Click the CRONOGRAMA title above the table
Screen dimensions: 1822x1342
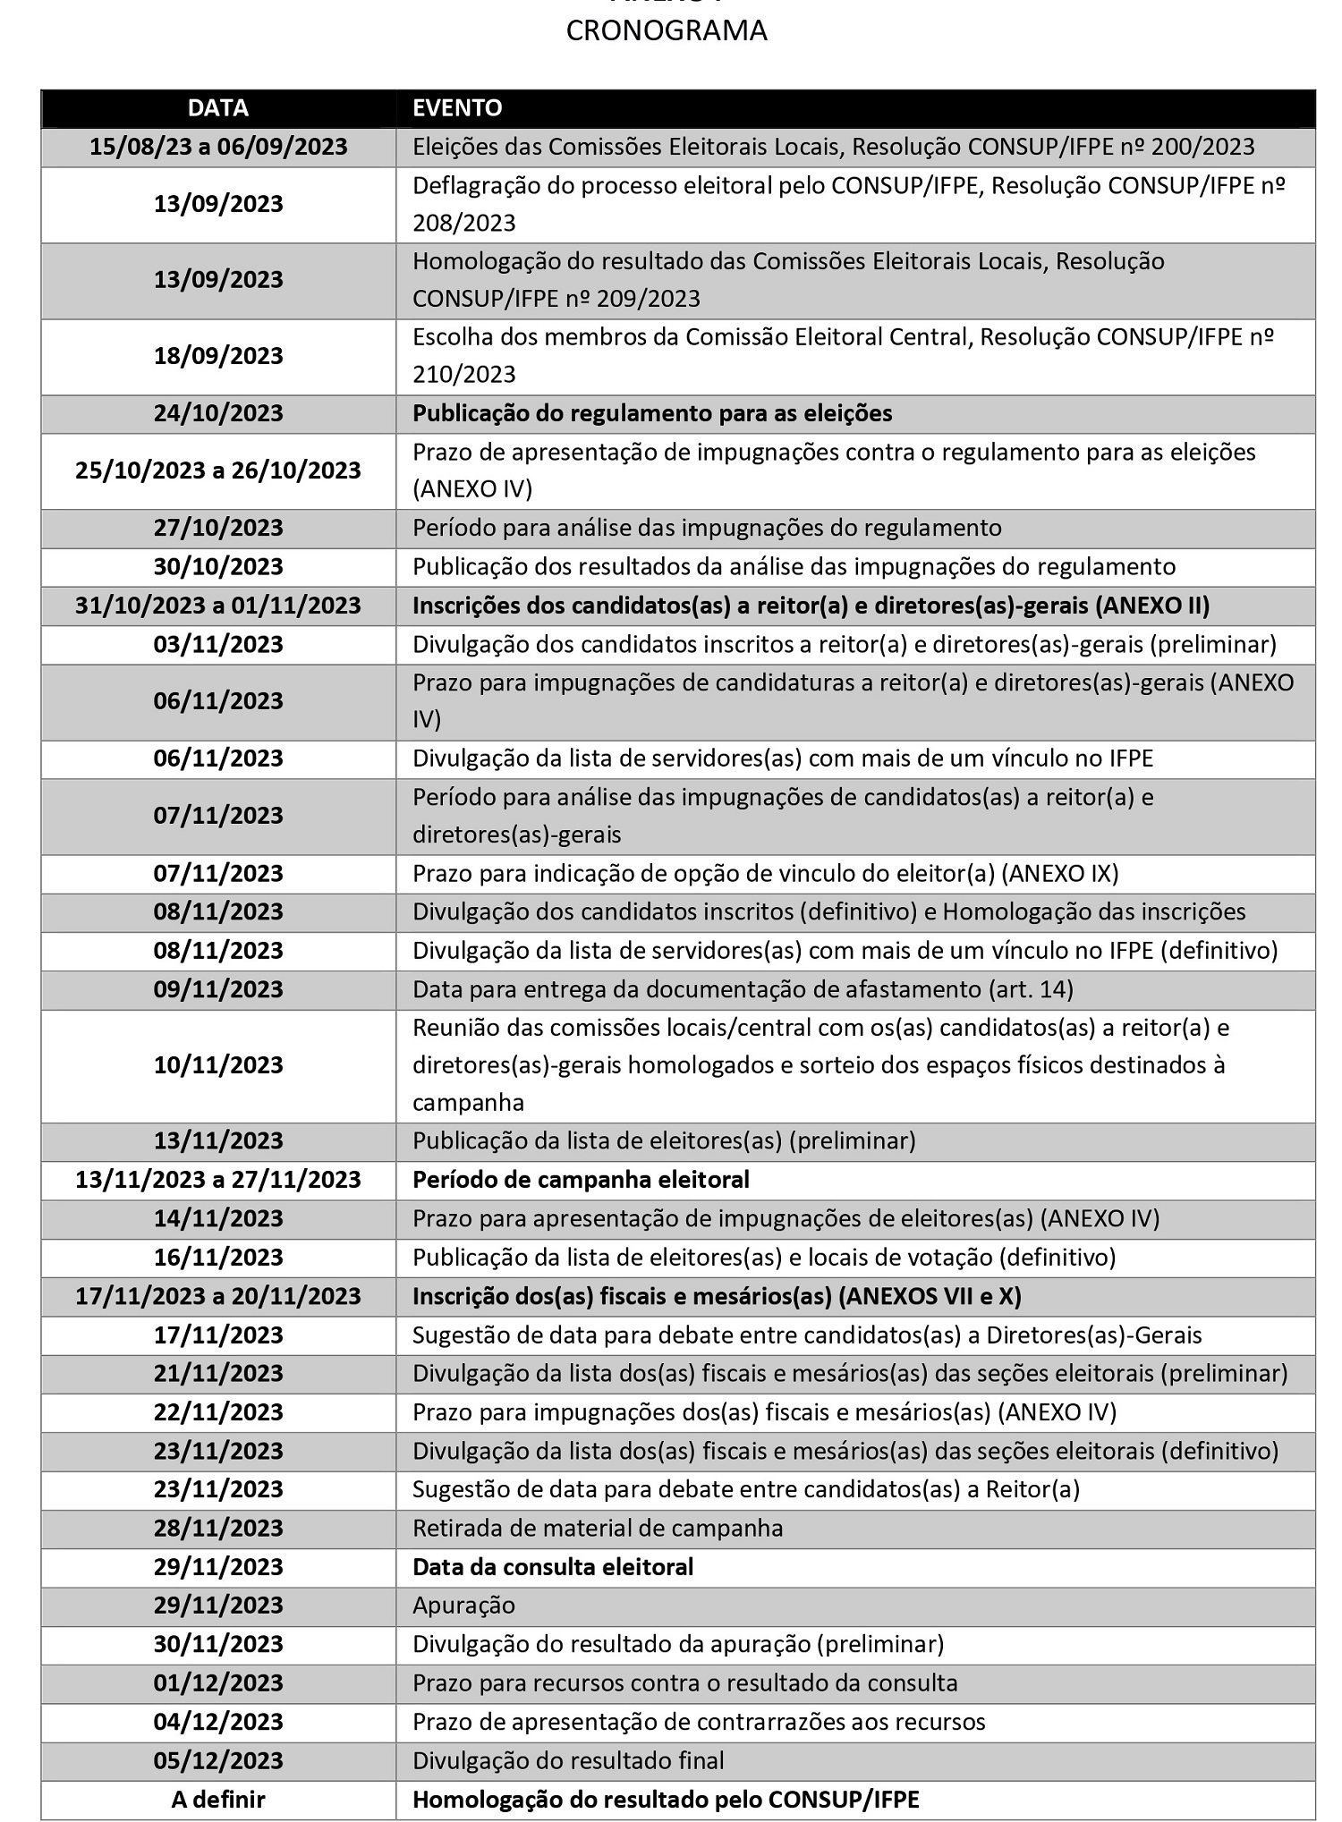pos(667,31)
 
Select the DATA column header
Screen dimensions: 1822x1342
pos(218,108)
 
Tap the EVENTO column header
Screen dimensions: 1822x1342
pos(457,108)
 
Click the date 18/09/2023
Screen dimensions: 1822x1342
pos(218,356)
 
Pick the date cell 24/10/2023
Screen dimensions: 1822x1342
pos(218,414)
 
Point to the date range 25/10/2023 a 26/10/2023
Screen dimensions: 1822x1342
pos(218,470)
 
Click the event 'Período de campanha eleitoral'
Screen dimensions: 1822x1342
pos(581,1180)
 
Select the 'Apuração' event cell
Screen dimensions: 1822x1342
pos(463,1606)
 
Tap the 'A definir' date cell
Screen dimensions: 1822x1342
pos(218,1800)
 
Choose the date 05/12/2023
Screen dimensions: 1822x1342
pos(218,1760)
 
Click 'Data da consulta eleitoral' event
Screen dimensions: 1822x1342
pos(553,1567)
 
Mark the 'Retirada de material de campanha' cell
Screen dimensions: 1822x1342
pos(598,1528)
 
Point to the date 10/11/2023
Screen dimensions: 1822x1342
pos(218,1065)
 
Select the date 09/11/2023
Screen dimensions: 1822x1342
pos(218,989)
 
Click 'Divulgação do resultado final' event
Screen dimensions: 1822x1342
pos(568,1760)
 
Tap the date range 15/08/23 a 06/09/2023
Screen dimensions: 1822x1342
pos(218,147)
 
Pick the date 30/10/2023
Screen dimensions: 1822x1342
pos(218,567)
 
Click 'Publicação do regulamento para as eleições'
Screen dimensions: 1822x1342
pos(652,414)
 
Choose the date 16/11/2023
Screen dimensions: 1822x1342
pos(218,1258)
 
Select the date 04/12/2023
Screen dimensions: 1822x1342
pos(218,1722)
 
